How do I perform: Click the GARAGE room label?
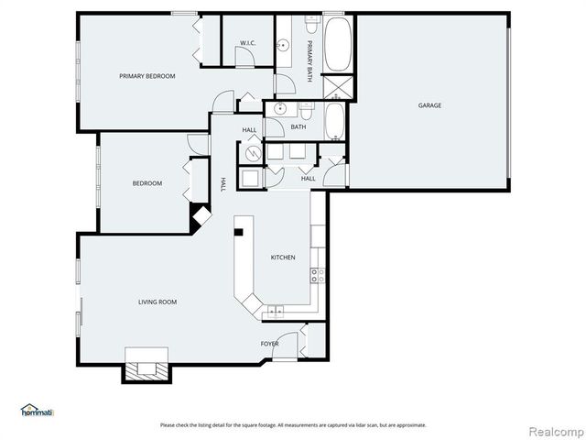coord(429,105)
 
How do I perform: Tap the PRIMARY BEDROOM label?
coord(146,76)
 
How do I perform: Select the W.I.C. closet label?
coord(247,43)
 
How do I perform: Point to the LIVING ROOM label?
coord(157,302)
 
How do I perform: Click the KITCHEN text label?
coord(282,258)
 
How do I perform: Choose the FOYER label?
coord(269,344)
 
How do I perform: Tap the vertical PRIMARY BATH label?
coord(310,59)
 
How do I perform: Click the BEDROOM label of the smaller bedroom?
coord(146,183)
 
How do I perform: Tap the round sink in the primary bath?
coord(284,44)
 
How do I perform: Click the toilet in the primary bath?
coord(286,83)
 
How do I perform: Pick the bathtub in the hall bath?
coord(335,121)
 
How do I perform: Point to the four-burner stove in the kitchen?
coord(317,273)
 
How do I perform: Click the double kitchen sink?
coord(274,314)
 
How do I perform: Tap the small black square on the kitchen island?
coord(238,232)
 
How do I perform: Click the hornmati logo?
coord(38,410)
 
